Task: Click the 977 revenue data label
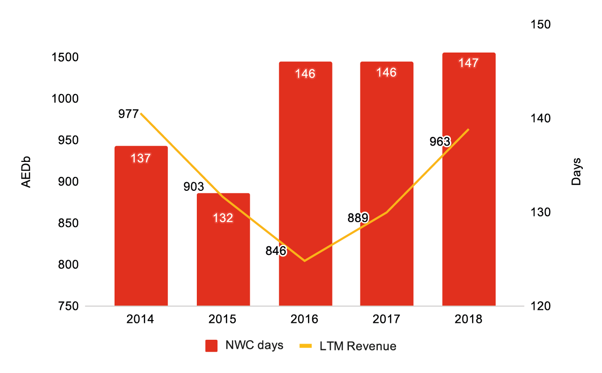(x=128, y=114)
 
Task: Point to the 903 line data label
(x=194, y=187)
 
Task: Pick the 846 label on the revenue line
(x=276, y=251)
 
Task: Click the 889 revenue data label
(x=358, y=218)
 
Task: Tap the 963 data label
(x=440, y=142)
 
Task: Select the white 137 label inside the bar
(x=141, y=158)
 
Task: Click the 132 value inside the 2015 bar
(x=223, y=218)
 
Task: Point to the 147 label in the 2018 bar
(x=468, y=63)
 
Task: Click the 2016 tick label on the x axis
(x=305, y=320)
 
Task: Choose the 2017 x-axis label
(x=387, y=320)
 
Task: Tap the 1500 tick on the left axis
(x=64, y=57)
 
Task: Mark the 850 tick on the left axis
(x=68, y=224)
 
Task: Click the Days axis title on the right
(x=576, y=172)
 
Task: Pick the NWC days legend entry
(x=244, y=346)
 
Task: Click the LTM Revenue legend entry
(x=347, y=346)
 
